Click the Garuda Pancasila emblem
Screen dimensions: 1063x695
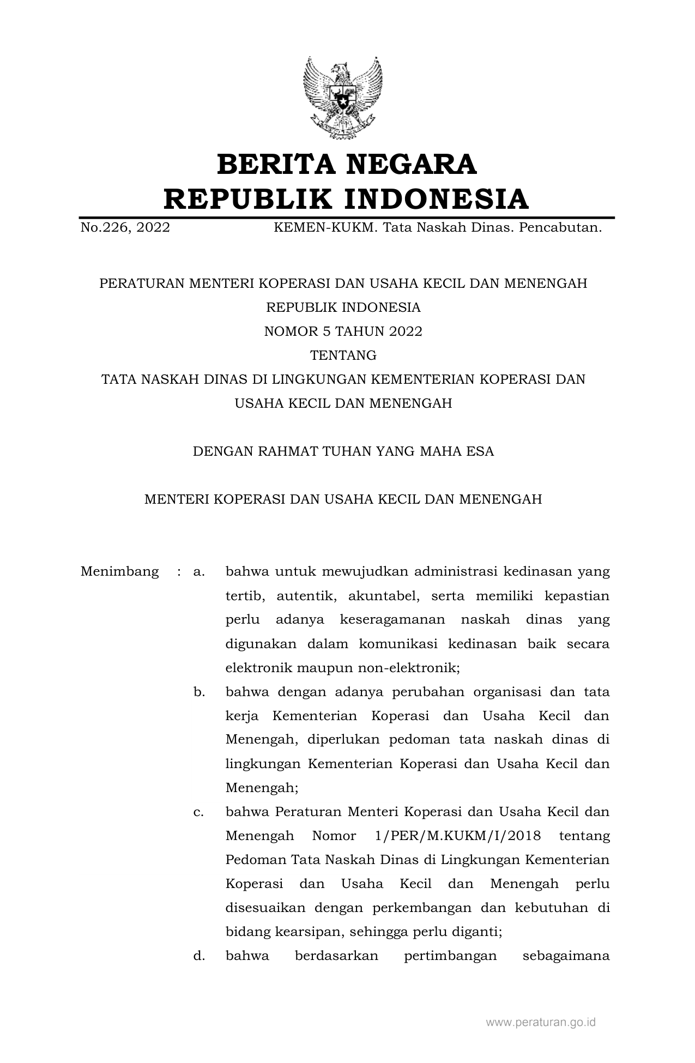343,98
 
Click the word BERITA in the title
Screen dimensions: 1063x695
276,165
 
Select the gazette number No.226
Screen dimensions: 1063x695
104,227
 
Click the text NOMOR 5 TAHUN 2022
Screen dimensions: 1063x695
343,331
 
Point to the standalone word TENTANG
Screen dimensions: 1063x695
343,355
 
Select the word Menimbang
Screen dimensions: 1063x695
119,572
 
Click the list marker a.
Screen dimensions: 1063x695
198,572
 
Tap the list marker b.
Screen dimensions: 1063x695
198,692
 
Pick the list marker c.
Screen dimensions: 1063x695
198,812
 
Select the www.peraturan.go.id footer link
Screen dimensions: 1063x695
540,1022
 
